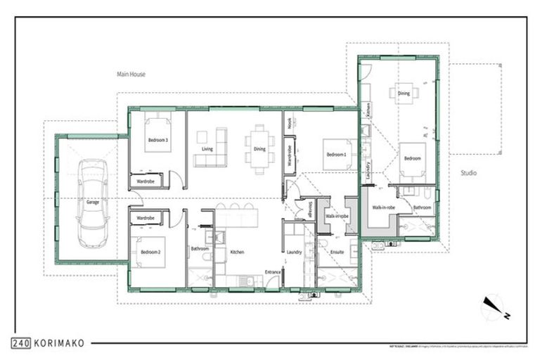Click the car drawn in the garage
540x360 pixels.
[93, 203]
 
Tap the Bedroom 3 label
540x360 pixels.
[157, 140]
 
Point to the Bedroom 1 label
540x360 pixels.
[335, 154]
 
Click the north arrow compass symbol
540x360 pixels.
[492, 308]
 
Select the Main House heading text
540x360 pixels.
[131, 74]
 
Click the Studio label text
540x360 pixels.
[469, 172]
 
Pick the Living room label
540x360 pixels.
[207, 149]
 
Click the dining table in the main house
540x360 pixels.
[259, 149]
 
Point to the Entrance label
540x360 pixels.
[273, 272]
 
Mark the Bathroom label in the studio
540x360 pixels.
[422, 207]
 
